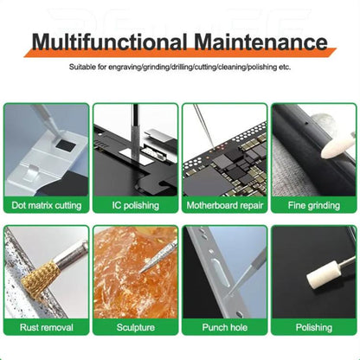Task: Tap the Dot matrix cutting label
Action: (46, 205)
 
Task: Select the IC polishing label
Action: (135, 205)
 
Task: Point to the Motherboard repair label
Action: (224, 205)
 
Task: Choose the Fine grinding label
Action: (313, 205)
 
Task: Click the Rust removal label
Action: (46, 327)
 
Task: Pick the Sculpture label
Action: (135, 327)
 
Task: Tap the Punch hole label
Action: (224, 327)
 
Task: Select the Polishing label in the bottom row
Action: (313, 327)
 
